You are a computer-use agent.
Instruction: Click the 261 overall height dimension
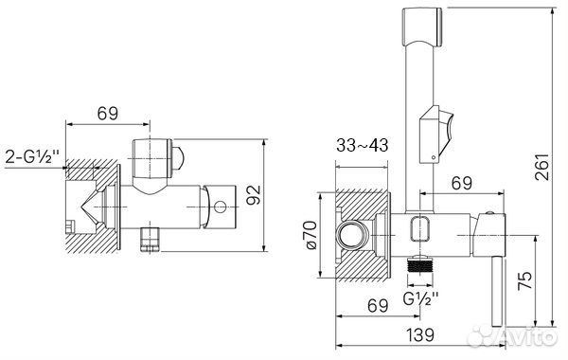pyautogui.click(x=541, y=167)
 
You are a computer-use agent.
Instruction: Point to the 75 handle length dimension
pyautogui.click(x=525, y=279)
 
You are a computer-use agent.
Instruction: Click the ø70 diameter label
pyautogui.click(x=311, y=235)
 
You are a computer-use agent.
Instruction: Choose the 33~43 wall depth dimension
pyautogui.click(x=363, y=146)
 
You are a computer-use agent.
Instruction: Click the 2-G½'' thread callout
pyautogui.click(x=32, y=157)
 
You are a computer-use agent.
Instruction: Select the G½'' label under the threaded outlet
pyautogui.click(x=420, y=299)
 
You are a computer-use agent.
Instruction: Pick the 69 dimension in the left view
pyautogui.click(x=108, y=114)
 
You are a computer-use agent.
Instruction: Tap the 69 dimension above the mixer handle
pyautogui.click(x=462, y=183)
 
